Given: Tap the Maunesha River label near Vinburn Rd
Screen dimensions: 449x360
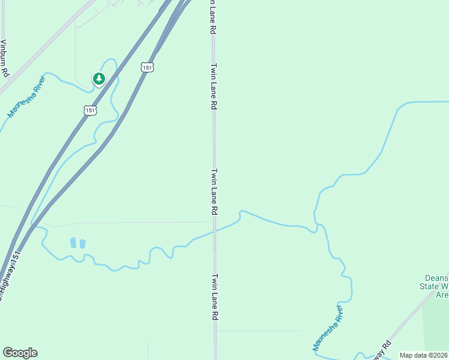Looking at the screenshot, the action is (26, 96).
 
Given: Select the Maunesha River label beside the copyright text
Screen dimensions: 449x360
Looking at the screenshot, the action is (327, 328).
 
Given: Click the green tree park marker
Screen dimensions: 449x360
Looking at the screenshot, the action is (98, 78).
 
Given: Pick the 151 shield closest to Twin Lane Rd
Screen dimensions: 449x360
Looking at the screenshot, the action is (148, 68).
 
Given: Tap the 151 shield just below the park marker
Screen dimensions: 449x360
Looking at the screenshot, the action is (89, 110).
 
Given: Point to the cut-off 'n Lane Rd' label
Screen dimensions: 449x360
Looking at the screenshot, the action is (212, 17).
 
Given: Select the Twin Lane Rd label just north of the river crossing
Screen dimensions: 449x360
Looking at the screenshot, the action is (214, 192).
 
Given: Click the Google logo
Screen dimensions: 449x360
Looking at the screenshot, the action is (20, 353).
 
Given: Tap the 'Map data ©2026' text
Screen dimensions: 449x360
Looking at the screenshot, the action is (423, 355).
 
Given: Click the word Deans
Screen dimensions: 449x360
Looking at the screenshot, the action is (436, 277).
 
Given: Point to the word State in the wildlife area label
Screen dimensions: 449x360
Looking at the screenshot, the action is (433, 286).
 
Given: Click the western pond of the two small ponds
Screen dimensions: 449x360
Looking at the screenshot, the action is (73, 242).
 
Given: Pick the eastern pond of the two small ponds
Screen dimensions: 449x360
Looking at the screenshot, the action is (82, 244).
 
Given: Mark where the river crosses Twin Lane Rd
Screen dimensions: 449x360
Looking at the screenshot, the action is (214, 230).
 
